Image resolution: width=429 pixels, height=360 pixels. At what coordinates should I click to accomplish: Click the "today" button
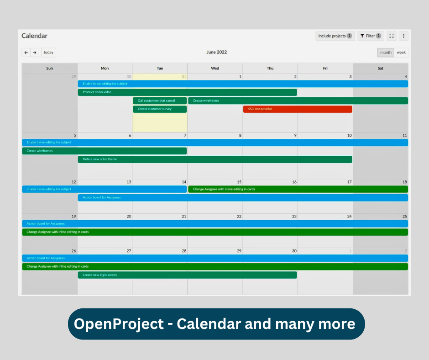pos(48,53)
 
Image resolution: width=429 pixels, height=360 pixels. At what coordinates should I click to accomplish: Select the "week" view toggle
pos(401,53)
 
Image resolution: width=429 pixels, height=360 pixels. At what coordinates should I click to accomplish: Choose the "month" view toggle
pos(386,53)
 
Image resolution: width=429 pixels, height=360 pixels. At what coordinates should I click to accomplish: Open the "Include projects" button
pos(335,36)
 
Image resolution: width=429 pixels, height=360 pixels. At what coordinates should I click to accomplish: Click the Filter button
pos(371,36)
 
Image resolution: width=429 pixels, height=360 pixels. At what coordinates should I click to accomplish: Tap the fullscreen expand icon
pos(392,36)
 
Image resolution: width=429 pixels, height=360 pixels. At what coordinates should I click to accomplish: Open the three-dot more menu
pos(403,36)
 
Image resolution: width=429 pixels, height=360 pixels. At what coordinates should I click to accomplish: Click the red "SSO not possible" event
pos(298,109)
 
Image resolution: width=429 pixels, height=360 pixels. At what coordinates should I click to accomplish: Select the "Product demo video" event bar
pos(187,92)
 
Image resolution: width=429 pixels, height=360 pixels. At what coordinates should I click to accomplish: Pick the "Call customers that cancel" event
pos(160,101)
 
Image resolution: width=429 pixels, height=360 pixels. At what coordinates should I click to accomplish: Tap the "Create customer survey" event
pos(160,109)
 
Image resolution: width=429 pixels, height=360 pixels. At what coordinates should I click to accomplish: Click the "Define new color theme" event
pos(214,159)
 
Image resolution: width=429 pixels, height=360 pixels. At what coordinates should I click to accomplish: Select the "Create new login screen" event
pos(187,275)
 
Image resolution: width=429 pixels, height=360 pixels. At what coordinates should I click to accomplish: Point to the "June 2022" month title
pos(216,52)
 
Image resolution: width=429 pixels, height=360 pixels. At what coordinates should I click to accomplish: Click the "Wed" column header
pos(215,69)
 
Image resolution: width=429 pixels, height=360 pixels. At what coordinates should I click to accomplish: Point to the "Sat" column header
pos(380,69)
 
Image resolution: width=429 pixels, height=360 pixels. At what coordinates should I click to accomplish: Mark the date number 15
pos(239,182)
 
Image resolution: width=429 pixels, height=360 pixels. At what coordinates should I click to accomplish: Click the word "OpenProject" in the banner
pos(119,324)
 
